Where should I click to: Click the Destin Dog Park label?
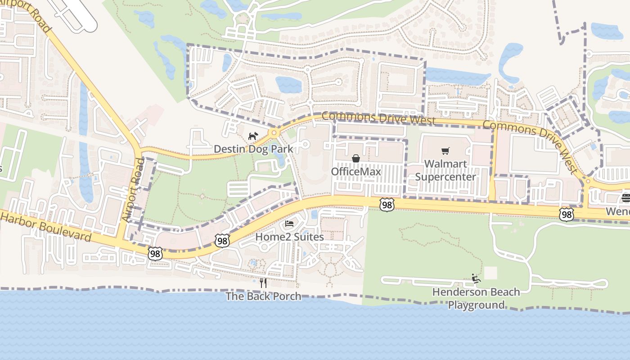coord(253,149)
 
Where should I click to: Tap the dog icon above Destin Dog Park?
coord(253,135)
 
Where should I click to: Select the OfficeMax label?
coord(355,172)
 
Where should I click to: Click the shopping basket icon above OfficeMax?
coord(355,158)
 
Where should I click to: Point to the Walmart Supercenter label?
coord(445,170)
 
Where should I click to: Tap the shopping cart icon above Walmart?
coord(445,151)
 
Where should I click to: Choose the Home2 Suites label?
coord(289,237)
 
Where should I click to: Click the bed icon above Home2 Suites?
coord(289,224)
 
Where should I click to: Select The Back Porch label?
coord(263,296)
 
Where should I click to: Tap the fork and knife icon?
coord(263,283)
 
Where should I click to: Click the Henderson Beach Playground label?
coord(476,298)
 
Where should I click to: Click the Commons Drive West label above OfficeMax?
coord(378,118)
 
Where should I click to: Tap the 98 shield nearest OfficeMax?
coord(387,205)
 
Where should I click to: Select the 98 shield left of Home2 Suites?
coord(221,241)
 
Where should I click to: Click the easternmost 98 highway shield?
coord(566,215)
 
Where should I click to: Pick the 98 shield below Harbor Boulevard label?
coord(155,254)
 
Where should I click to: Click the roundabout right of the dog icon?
coord(274,133)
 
